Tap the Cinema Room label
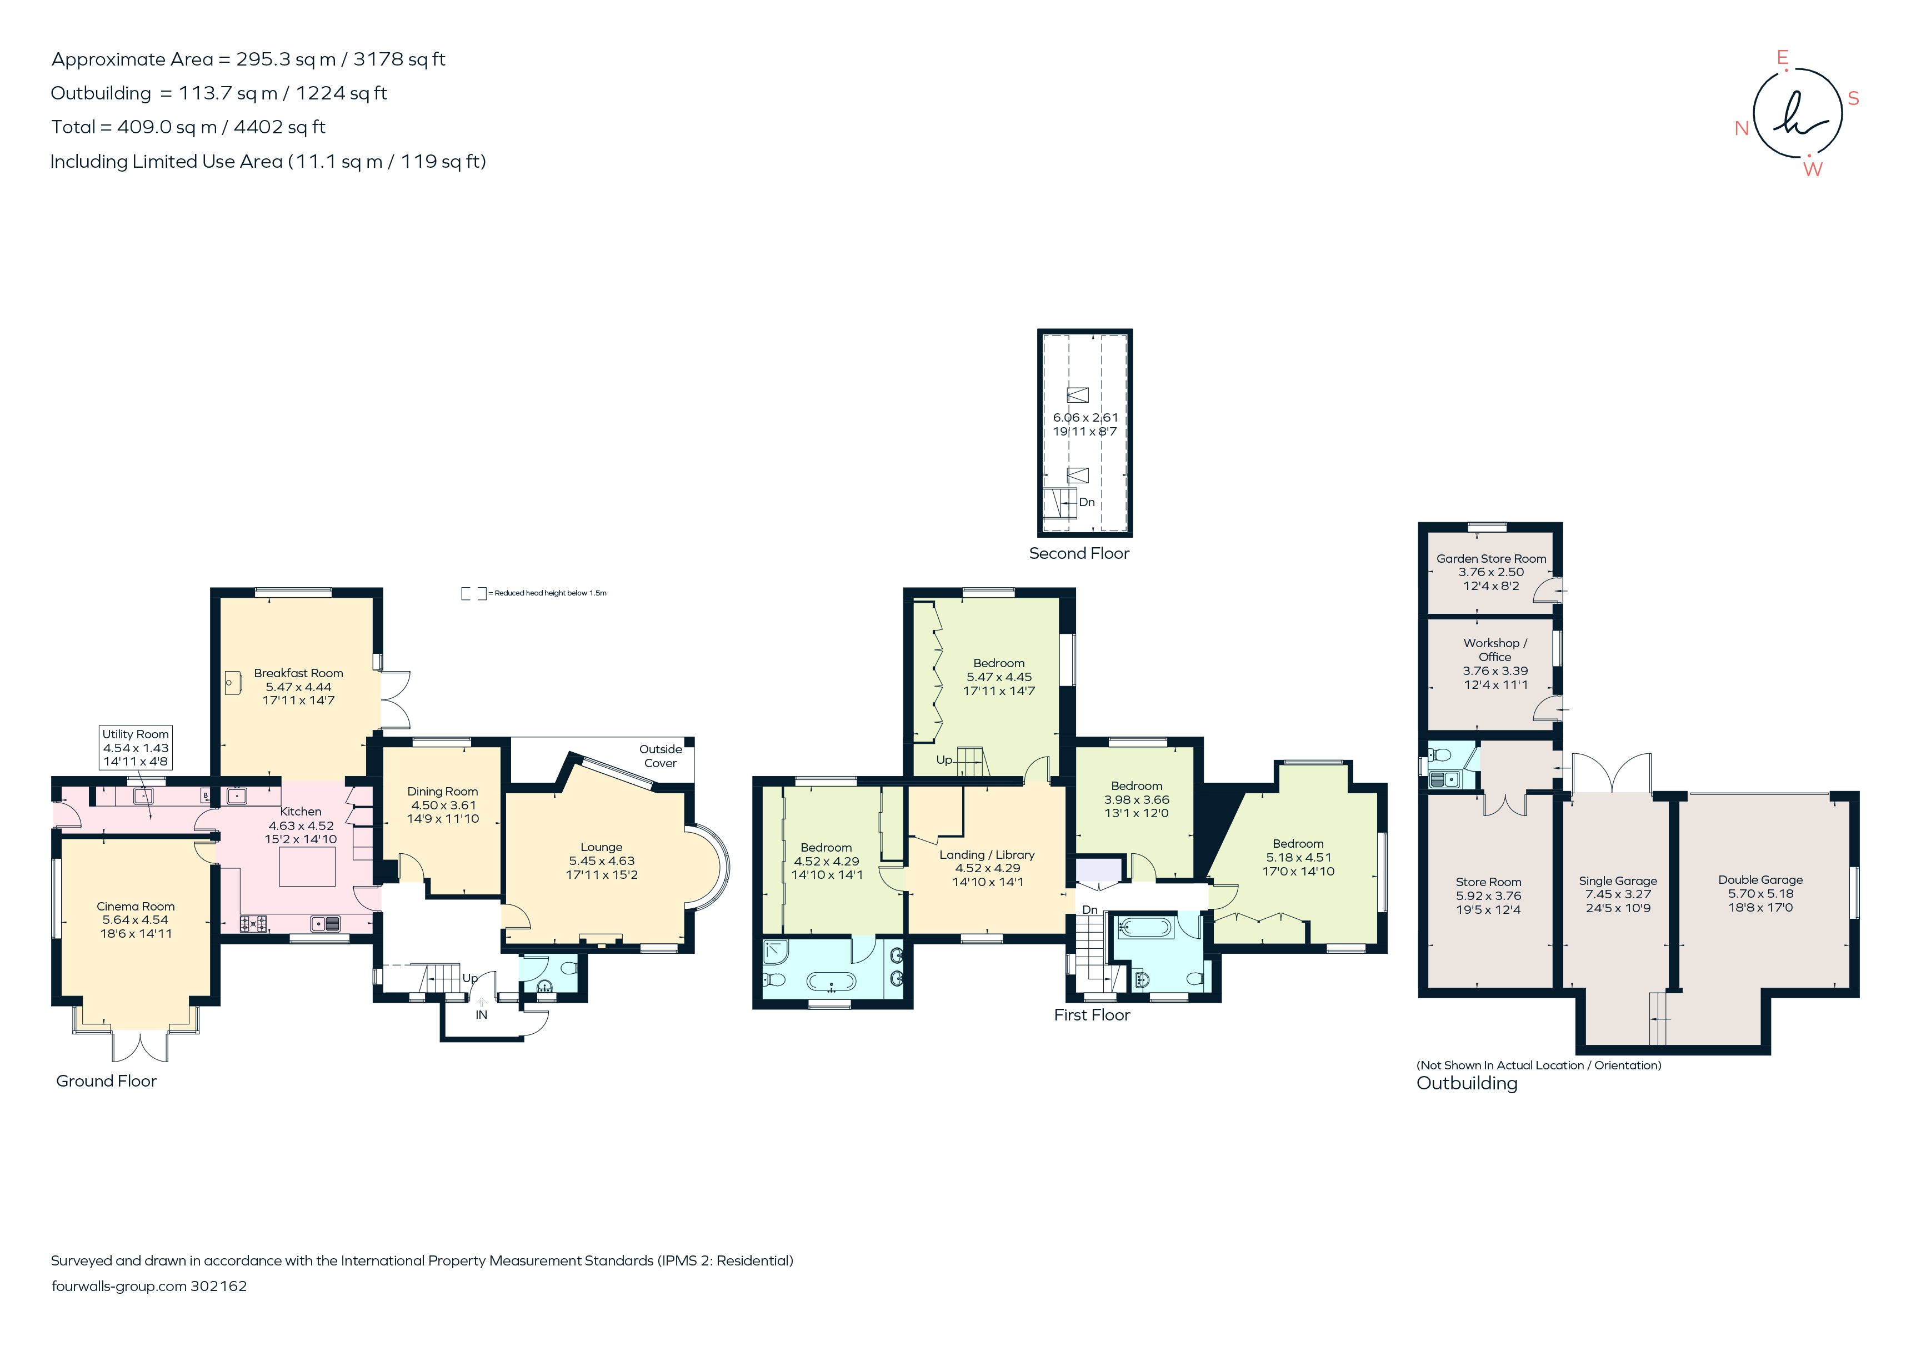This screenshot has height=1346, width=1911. [136, 907]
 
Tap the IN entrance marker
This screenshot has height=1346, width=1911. [481, 1015]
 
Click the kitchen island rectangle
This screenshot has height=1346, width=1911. [307, 867]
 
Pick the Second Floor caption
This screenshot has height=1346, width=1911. [1079, 553]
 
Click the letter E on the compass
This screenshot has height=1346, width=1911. [1782, 57]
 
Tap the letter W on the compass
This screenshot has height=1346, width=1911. [1812, 169]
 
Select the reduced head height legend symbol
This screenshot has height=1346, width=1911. [474, 593]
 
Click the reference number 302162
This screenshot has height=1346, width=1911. [219, 1286]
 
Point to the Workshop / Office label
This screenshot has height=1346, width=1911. [1495, 649]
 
